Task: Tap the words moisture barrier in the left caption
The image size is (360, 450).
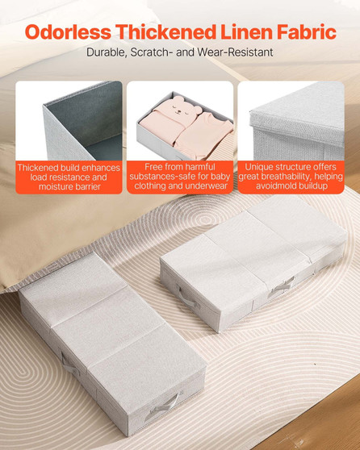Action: [x=69, y=187]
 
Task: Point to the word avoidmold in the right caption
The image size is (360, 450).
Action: [x=267, y=187]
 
